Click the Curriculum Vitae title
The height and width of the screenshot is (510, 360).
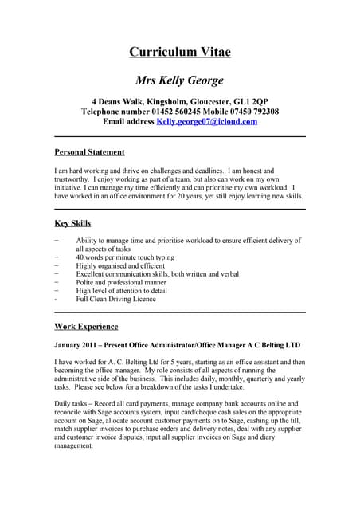tap(180, 53)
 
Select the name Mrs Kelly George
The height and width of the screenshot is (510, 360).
tap(180, 80)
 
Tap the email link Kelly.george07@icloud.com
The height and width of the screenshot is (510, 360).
tap(207, 122)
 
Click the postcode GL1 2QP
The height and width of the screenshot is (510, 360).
tap(250, 101)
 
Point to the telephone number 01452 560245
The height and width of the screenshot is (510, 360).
tap(176, 112)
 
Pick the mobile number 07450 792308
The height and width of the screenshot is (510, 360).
tap(251, 112)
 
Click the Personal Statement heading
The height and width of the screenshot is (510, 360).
tap(89, 151)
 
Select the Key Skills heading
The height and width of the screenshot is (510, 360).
tap(72, 223)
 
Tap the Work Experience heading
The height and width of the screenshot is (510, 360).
tap(86, 326)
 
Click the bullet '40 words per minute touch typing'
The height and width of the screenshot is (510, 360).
tap(124, 258)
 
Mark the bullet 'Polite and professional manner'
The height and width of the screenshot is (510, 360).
tap(121, 281)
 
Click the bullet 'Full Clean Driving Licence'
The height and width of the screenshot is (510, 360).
tap(115, 300)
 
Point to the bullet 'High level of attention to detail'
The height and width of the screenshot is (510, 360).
tap(121, 290)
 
